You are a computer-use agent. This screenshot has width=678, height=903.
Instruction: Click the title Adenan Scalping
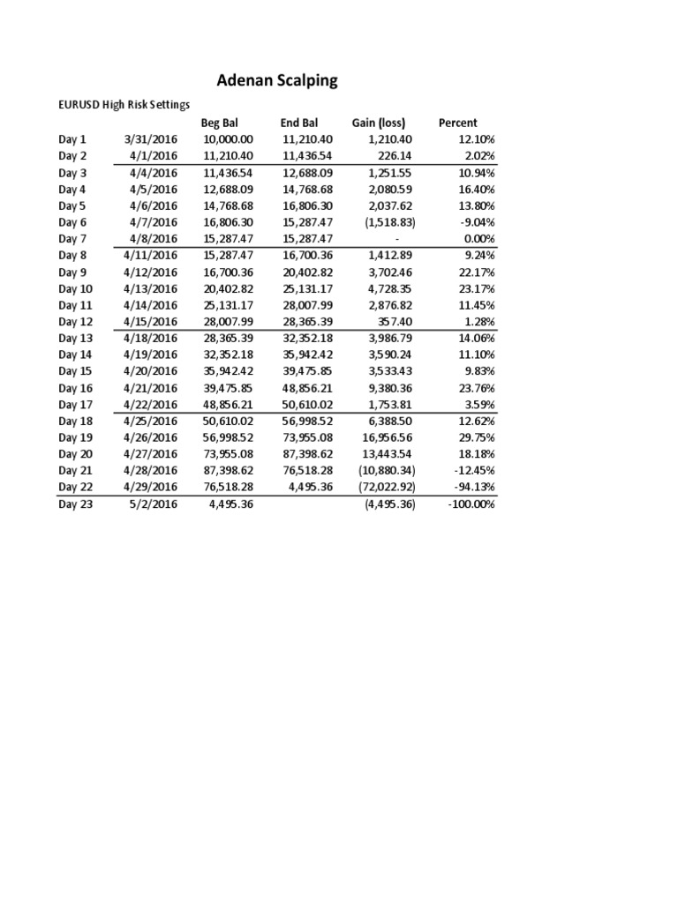277,81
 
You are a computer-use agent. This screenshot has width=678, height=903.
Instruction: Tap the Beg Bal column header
220,123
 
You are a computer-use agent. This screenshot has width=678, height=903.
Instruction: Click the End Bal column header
299,123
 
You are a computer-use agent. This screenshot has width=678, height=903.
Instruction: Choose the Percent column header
457,123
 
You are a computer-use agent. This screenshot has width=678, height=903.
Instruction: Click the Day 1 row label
72,139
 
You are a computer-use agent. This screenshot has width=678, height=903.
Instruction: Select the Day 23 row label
76,504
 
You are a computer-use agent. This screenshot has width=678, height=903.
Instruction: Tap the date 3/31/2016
152,139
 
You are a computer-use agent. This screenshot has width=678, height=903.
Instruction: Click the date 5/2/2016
155,504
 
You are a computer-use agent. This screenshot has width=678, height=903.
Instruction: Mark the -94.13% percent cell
471,488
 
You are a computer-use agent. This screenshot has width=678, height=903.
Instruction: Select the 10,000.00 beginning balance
228,139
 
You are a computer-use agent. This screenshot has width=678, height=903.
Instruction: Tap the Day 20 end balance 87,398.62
307,454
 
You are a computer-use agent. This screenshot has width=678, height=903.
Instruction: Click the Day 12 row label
76,322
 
